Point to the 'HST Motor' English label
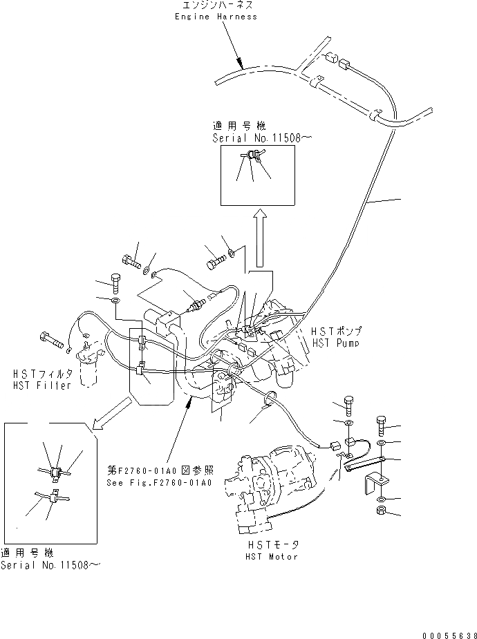(272, 556)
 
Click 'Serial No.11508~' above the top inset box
(262, 138)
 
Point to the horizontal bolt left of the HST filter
(53, 339)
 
